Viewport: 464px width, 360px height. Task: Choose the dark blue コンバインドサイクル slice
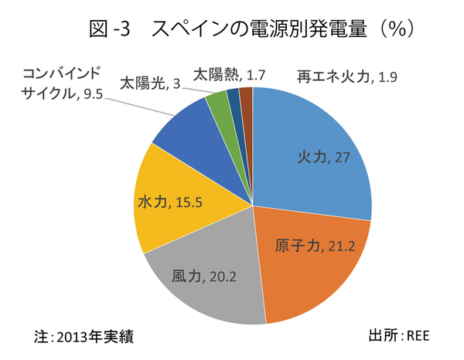click(186, 131)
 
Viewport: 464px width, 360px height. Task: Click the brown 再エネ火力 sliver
click(247, 100)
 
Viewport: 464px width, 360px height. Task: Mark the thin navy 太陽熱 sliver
click(234, 102)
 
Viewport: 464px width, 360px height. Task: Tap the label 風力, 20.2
click(202, 276)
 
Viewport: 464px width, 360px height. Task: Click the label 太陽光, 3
click(150, 82)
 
